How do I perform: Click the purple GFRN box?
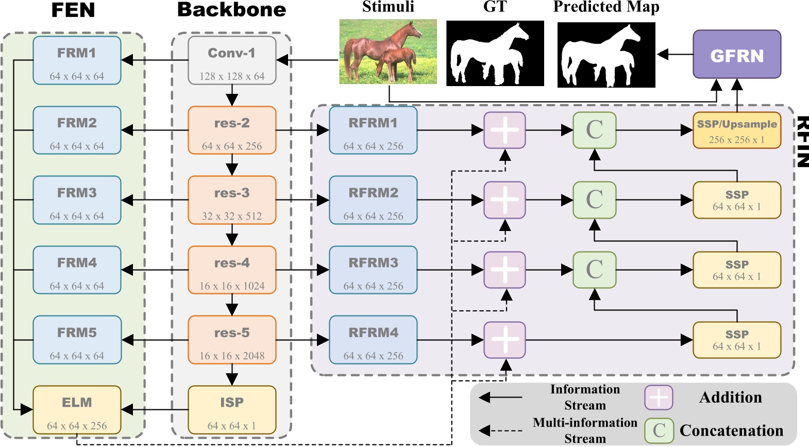click(x=736, y=54)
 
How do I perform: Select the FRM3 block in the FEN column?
click(x=77, y=200)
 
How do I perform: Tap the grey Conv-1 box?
click(x=232, y=60)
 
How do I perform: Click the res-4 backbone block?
click(x=232, y=270)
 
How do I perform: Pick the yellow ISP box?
click(x=232, y=410)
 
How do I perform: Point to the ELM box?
click(x=77, y=410)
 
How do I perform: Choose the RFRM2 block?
click(x=373, y=200)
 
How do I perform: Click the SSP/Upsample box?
click(x=736, y=130)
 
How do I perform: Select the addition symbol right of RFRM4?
click(x=504, y=340)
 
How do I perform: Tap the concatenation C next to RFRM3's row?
click(x=594, y=270)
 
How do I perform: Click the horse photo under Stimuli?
click(x=387, y=52)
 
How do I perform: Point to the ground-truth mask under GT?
click(x=495, y=53)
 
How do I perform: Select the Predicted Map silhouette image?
click(x=606, y=54)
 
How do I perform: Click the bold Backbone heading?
click(x=231, y=10)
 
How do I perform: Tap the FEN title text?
click(x=73, y=10)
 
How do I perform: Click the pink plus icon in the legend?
click(x=659, y=398)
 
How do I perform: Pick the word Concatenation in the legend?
click(x=731, y=431)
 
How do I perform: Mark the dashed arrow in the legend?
click(x=500, y=431)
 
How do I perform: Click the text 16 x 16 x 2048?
click(x=232, y=356)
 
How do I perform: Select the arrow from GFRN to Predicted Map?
click(x=675, y=54)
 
